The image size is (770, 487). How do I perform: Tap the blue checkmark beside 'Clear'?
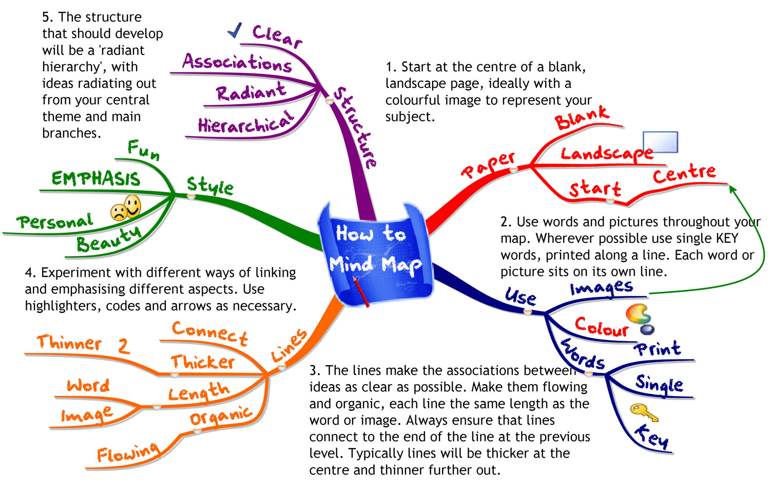235,31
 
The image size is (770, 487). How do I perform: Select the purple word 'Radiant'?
251,92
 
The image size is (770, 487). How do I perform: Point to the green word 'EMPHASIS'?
95,178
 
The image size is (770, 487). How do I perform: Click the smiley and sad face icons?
126,208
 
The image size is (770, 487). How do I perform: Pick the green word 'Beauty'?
108,239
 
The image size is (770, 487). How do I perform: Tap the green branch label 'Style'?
209,185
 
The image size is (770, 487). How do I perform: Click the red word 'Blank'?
582,118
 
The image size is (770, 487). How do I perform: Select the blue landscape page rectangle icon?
661,142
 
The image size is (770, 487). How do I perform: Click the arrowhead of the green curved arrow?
733,189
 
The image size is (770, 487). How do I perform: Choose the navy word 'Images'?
601,288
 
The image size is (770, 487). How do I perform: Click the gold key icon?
644,412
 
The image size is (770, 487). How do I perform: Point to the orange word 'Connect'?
210,332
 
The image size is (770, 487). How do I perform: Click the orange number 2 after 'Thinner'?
123,346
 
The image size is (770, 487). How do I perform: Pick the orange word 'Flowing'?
128,453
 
